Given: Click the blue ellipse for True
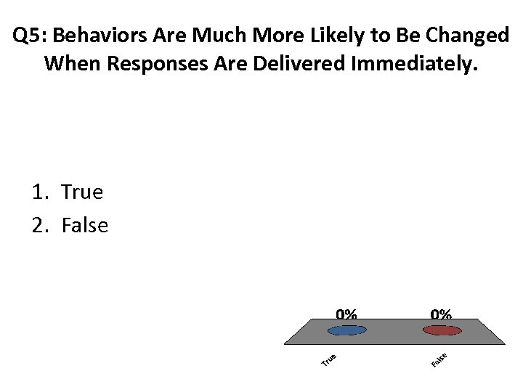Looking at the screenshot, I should (x=347, y=330).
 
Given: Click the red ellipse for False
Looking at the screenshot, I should (x=442, y=330).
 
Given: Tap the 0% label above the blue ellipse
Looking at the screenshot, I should (x=346, y=314).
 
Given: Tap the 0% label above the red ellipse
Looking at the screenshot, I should (x=441, y=314).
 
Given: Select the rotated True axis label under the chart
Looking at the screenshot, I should (x=328, y=359).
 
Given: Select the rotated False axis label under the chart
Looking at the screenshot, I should (x=438, y=359).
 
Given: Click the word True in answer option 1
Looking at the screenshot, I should (x=82, y=192).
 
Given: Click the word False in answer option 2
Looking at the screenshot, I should (x=85, y=226).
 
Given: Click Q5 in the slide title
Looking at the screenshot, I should (x=28, y=35).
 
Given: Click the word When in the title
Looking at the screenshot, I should (x=73, y=64).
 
